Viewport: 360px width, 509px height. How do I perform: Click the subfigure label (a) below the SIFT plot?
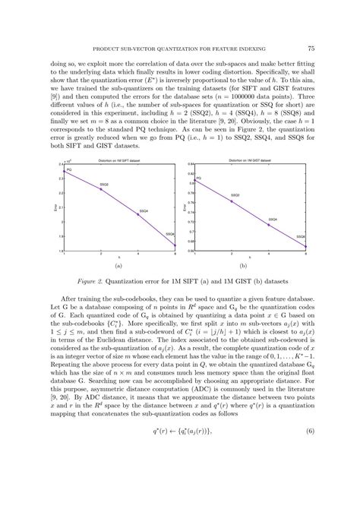(x=118, y=267)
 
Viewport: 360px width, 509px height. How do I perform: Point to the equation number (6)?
(x=310, y=475)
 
